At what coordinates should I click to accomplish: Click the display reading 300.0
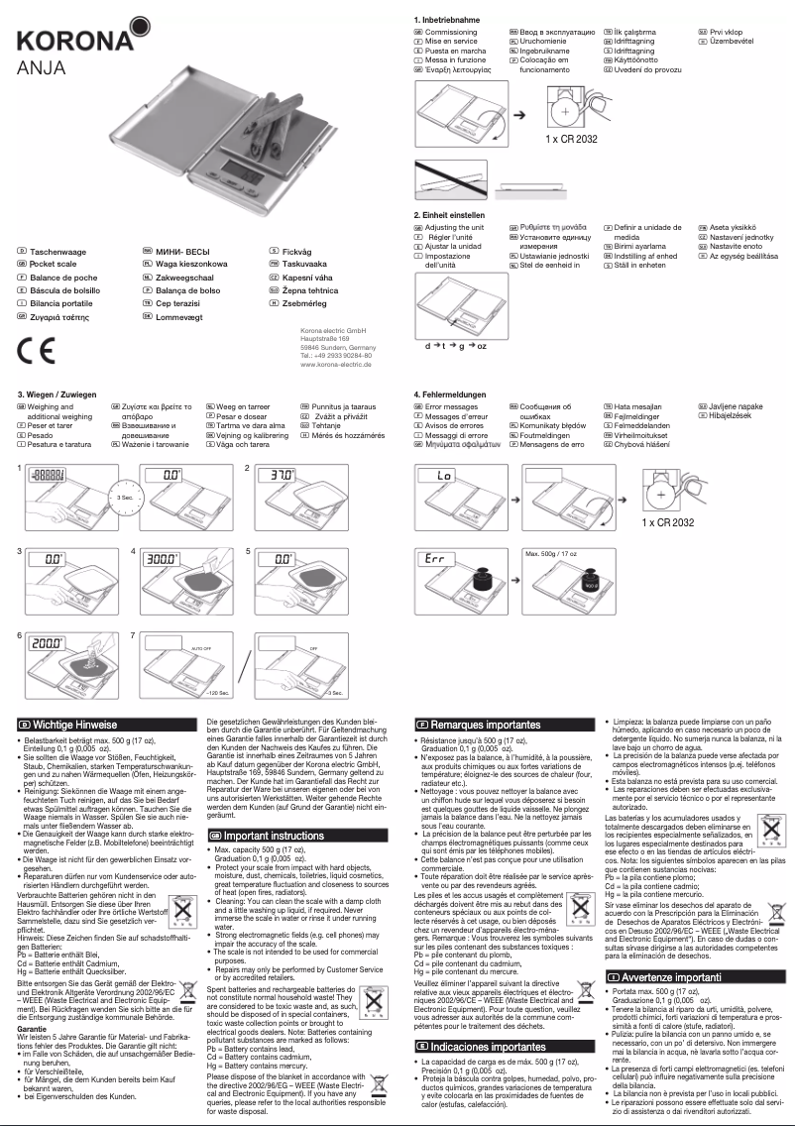(x=162, y=560)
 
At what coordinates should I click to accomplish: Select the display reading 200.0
(x=47, y=643)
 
